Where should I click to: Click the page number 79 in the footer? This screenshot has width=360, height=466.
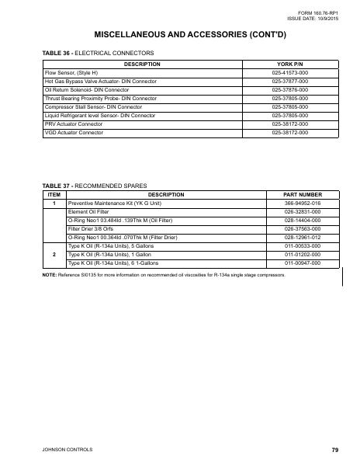click(334, 450)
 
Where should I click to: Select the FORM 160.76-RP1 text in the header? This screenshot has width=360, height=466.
click(321, 13)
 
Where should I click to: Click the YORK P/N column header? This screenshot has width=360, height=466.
click(289, 64)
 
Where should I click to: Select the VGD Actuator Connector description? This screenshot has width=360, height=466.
click(74, 132)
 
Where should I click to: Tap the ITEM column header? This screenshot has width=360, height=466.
click(54, 194)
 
